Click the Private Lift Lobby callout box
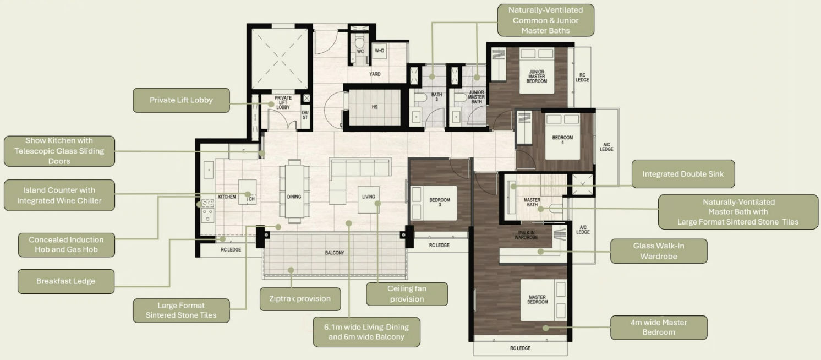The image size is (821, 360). click(x=181, y=100)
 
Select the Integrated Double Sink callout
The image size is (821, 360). click(x=683, y=174)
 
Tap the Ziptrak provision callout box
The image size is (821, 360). click(x=300, y=299)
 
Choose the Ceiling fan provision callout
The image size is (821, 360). click(x=407, y=294)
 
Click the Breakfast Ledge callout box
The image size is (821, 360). click(x=66, y=281)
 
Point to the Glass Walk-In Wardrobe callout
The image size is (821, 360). click(x=659, y=251)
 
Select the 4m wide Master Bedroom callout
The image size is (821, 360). click(x=659, y=328)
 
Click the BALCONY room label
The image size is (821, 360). click(x=334, y=253)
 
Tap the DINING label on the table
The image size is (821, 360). click(x=294, y=197)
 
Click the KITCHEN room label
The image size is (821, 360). click(x=227, y=197)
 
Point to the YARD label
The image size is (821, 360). click(x=375, y=74)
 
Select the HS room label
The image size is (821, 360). click(x=374, y=107)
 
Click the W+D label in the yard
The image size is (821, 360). click(x=379, y=51)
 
